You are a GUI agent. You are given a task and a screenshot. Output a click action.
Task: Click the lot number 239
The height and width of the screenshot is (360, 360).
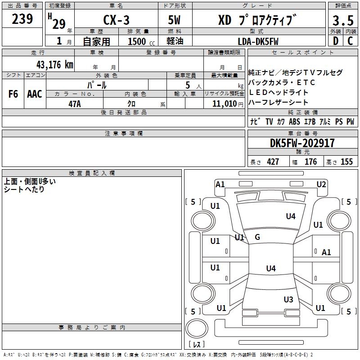pos(23,19)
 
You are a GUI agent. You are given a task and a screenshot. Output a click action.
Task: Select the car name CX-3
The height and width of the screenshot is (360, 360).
pos(116,21)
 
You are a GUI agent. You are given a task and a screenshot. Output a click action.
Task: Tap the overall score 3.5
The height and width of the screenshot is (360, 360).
pos(343,21)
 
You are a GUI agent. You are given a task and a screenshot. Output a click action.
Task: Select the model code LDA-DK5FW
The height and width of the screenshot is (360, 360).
pos(258,41)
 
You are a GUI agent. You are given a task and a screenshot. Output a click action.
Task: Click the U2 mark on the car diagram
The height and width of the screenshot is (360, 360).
pos(321,184)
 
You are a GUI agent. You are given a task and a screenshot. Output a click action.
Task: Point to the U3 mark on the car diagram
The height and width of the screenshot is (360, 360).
pos(288,300)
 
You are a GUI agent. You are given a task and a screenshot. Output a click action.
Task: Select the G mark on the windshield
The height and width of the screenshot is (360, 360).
pos(257,237)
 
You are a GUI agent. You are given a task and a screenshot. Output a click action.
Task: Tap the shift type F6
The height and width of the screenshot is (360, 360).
pos(13,94)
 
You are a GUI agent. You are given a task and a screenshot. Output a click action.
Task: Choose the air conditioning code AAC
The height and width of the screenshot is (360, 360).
pos(35,94)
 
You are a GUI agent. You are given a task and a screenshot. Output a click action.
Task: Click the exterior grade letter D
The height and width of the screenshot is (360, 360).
pos(336,41)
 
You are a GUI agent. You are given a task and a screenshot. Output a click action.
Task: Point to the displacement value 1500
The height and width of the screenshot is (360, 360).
pos(137,41)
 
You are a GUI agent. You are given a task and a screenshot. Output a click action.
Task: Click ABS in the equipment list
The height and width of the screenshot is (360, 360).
pos(294,121)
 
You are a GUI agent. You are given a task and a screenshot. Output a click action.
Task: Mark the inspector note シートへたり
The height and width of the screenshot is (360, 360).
pos(24,189)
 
